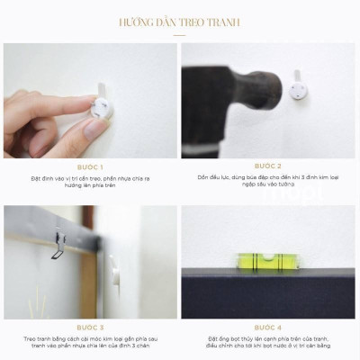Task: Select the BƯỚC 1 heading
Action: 90,166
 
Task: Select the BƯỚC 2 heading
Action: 268,166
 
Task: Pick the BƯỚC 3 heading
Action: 90,328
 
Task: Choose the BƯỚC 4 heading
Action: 268,328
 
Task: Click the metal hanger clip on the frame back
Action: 58,246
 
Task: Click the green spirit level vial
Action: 266,262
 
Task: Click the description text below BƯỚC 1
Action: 90,184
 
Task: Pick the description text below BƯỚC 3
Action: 90,344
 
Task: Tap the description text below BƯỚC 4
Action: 268,344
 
